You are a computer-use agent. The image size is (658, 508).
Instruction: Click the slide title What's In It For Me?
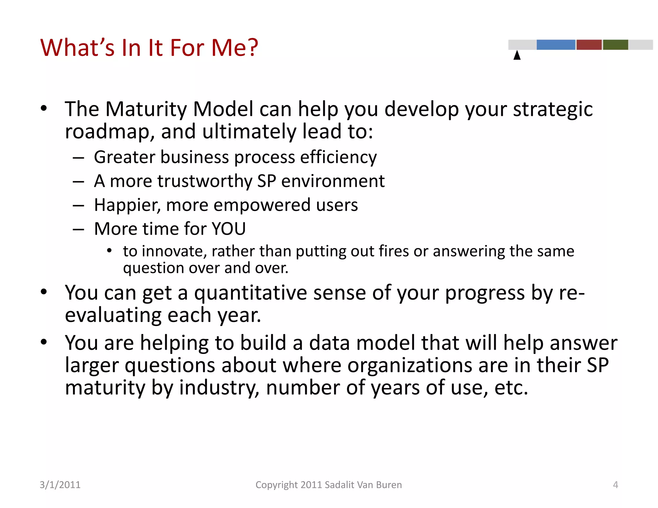coord(149,48)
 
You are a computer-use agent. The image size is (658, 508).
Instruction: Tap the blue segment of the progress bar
coord(556,45)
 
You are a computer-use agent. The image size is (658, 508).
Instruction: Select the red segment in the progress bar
coord(589,45)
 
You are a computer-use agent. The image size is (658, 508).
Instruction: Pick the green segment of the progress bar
coord(615,45)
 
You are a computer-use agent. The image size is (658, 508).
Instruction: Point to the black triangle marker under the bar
coord(517,55)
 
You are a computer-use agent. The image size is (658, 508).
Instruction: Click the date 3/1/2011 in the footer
coord(60,485)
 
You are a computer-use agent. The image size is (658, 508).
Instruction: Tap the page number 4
coord(615,485)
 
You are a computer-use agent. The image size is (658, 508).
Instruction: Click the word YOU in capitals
coord(229,229)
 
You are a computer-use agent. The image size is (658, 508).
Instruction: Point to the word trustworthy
coord(205,181)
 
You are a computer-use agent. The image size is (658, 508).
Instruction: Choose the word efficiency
coord(338,158)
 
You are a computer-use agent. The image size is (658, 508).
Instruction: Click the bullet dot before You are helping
coord(44,342)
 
